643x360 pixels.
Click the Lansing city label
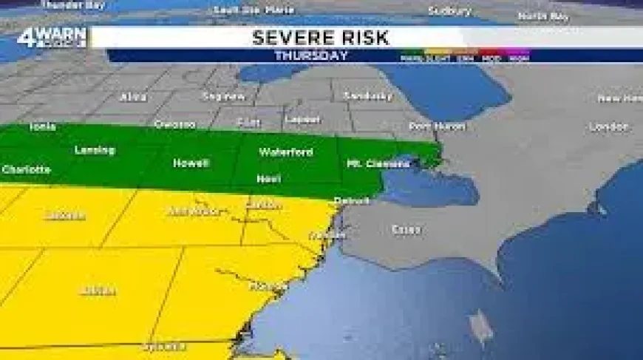click(x=95, y=151)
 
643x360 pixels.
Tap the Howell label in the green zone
click(x=191, y=163)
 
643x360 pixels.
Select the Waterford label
click(x=285, y=152)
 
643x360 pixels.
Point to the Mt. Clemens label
click(x=378, y=163)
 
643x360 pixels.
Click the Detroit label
click(x=351, y=200)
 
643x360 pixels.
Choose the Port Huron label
click(x=438, y=126)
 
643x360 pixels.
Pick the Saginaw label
click(x=223, y=96)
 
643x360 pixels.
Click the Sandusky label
click(x=368, y=96)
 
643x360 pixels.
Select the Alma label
click(x=135, y=97)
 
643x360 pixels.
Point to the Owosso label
click(x=175, y=124)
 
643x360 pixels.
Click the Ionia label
click(x=42, y=126)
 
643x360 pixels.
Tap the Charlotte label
click(x=27, y=169)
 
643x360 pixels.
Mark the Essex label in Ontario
click(x=406, y=230)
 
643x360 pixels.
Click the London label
click(x=609, y=127)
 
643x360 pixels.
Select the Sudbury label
click(x=449, y=11)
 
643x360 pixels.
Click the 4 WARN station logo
click(x=52, y=38)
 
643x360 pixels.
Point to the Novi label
click(x=268, y=179)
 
